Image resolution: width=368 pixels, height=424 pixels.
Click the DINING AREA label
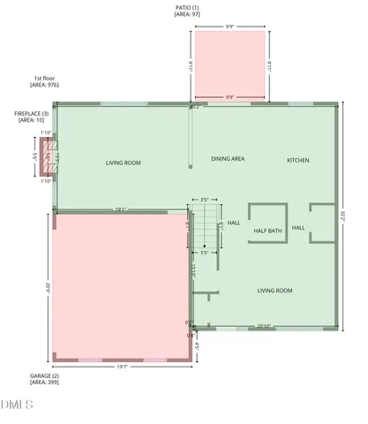228,159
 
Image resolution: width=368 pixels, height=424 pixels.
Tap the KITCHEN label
298,160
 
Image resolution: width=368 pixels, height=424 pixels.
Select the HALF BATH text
267,231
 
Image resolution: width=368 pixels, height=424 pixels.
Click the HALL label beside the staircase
234,223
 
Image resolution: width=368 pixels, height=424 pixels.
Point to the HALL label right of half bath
298,228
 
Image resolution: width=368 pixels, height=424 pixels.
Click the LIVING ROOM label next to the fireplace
124,163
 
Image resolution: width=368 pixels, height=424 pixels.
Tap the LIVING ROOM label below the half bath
274,291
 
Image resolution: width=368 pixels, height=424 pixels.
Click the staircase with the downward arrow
205,227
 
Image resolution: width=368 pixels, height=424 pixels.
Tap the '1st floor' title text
43,79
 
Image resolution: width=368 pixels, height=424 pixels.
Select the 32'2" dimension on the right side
344,215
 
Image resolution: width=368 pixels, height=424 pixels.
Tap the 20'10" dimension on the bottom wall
264,326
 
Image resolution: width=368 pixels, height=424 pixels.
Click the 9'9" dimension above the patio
229,26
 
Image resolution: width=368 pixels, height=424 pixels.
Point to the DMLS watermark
18,405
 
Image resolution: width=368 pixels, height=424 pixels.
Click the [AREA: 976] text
43,86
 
